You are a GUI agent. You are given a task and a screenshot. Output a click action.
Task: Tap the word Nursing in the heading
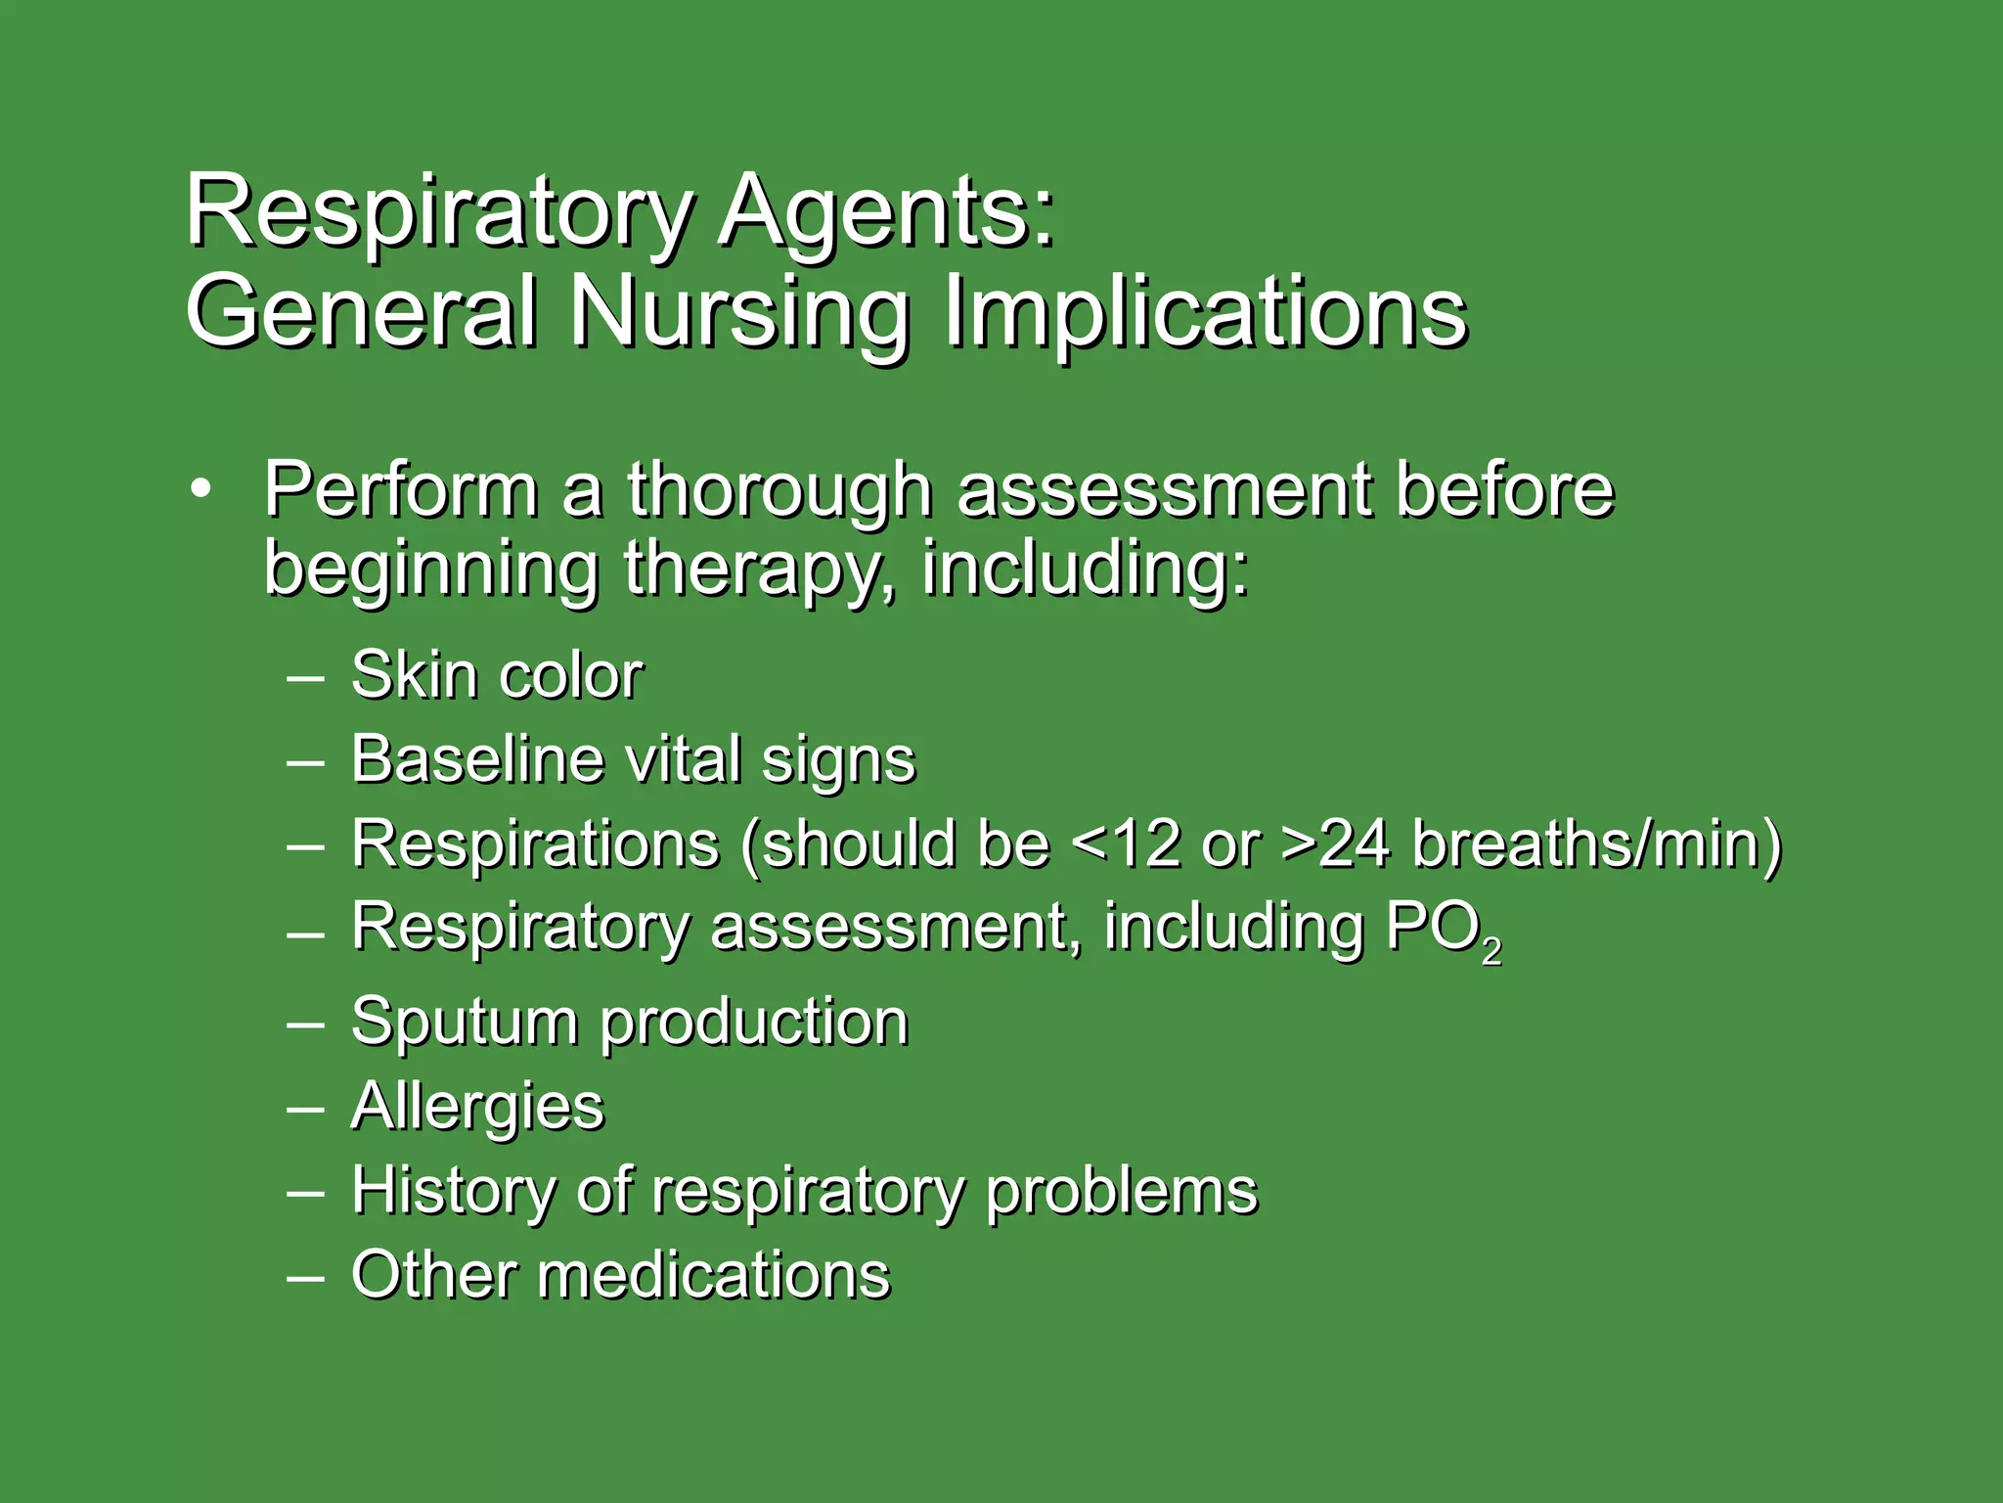click(x=738, y=311)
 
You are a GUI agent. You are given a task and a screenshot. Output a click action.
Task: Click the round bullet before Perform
click(x=200, y=489)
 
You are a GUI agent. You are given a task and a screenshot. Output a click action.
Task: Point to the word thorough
click(x=779, y=489)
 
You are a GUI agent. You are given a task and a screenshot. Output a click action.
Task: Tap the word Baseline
click(x=476, y=759)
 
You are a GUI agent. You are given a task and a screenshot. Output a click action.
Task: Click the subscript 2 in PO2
click(x=1491, y=950)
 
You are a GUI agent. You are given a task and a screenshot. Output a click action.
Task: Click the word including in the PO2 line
click(x=1233, y=927)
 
